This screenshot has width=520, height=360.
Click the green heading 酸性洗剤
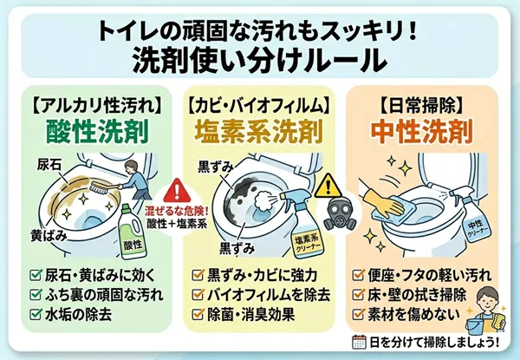coord(97,132)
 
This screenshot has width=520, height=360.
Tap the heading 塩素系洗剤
coord(258,132)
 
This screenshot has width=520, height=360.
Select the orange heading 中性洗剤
coord(422,132)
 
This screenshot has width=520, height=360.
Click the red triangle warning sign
coord(177,191)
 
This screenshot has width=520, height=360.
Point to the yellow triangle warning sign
coord(328,185)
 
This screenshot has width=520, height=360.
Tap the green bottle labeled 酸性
coord(133,232)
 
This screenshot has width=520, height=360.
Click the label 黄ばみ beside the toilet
coord(49,236)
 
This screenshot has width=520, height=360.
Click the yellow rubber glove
coord(383,200)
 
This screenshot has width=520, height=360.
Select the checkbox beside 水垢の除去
coord(36,314)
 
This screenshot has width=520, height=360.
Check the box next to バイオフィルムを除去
coord(198,294)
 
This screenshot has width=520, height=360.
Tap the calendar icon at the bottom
coord(359,342)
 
